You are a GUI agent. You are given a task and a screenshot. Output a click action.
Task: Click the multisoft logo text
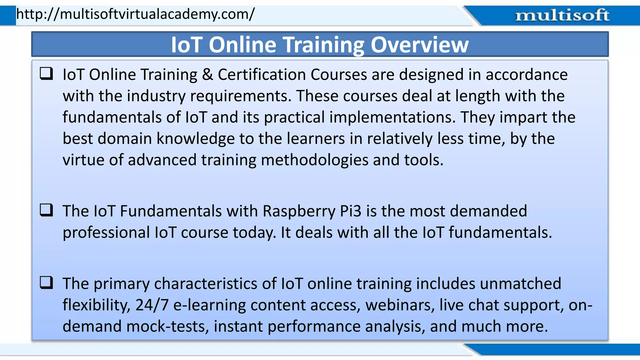tap(562, 15)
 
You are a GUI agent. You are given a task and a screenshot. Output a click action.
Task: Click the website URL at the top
tap(135, 14)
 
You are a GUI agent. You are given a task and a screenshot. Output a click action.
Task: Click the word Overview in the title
tap(419, 45)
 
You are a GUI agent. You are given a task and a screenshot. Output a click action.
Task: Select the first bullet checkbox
tap(46, 74)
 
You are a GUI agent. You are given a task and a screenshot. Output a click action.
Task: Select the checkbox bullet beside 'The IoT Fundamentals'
tap(46, 210)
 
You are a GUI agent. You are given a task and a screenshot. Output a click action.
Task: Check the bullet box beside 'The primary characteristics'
tap(46, 283)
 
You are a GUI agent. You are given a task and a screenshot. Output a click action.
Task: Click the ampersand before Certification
tap(207, 75)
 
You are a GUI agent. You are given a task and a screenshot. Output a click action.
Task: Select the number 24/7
tap(152, 305)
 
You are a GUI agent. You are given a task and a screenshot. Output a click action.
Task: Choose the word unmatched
tap(520, 284)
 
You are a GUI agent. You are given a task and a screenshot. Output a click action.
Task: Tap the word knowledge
tap(195, 139)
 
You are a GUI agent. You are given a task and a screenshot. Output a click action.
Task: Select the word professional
tap(106, 233)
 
